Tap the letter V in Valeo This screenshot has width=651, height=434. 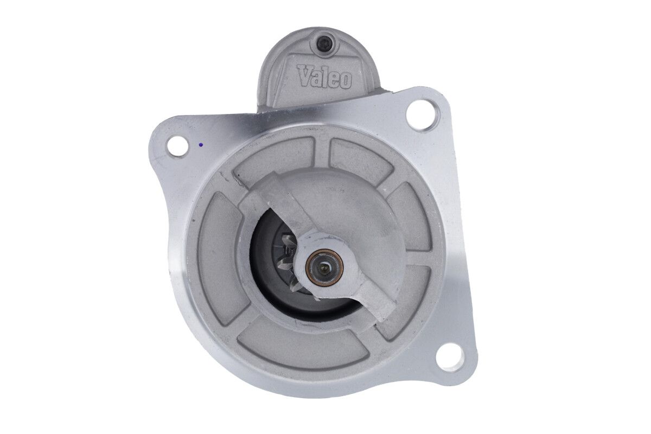tap(304, 75)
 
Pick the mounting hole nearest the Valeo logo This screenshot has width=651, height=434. tap(419, 112)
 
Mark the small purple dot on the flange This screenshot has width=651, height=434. tap(200, 144)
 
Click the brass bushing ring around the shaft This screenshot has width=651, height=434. tap(324, 268)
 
